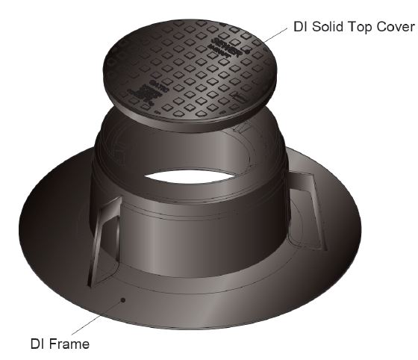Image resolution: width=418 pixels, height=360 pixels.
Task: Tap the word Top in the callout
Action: click(x=361, y=28)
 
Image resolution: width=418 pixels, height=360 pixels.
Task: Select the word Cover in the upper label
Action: click(x=394, y=28)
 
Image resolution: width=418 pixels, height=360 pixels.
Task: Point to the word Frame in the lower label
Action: click(x=71, y=344)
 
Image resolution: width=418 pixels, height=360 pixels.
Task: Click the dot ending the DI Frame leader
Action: click(x=124, y=300)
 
